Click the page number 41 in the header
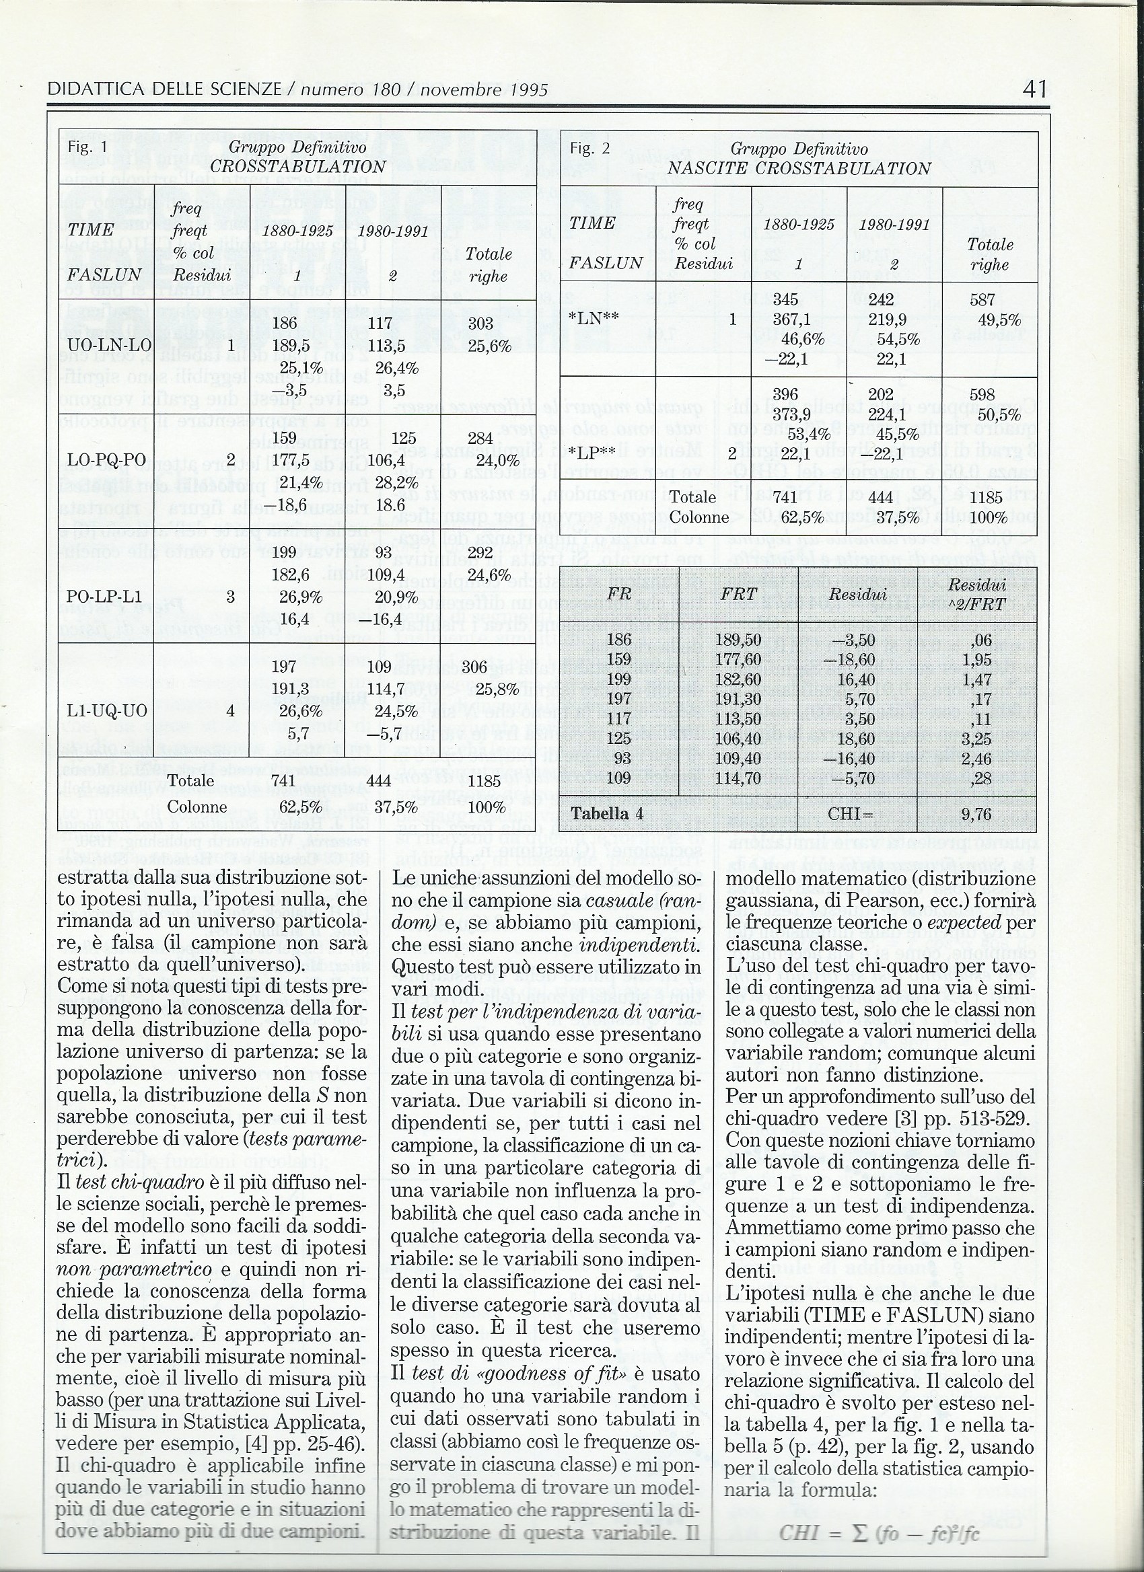pyautogui.click(x=1034, y=89)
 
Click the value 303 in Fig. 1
pyautogui.click(x=480, y=323)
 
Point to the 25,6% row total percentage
pyautogui.click(x=489, y=345)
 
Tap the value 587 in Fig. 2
pyautogui.click(x=983, y=299)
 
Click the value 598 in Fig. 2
pyautogui.click(x=983, y=394)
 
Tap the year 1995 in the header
pyautogui.click(x=524, y=90)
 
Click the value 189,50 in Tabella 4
pyautogui.click(x=740, y=639)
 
